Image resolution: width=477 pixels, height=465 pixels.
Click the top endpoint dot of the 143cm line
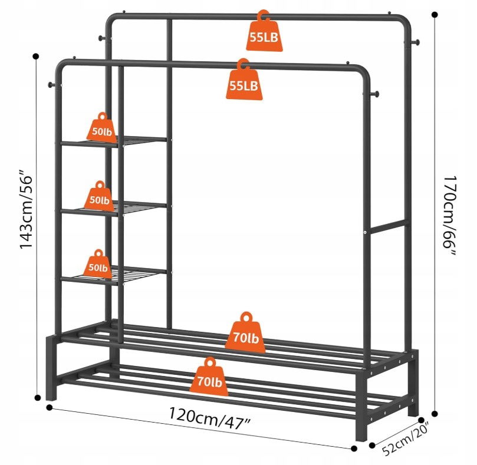click(37, 57)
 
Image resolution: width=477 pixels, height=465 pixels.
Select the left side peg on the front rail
click(50, 86)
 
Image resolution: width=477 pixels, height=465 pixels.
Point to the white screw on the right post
click(366, 233)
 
